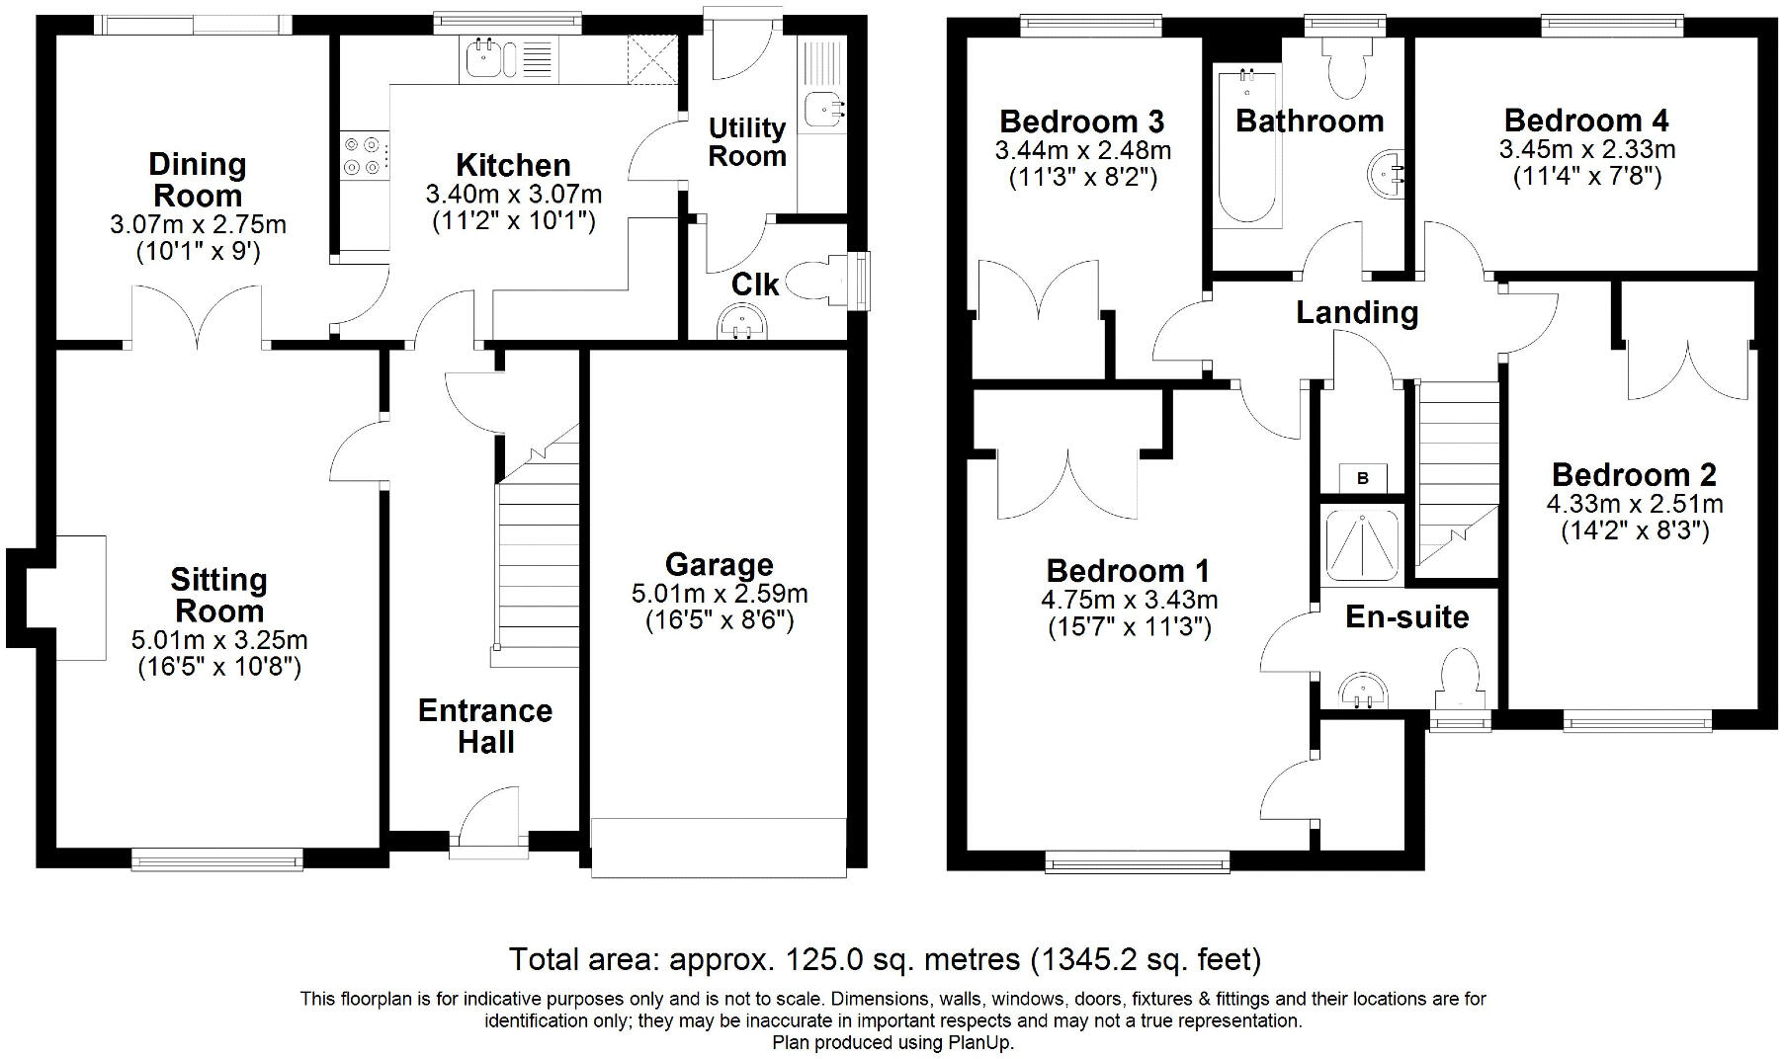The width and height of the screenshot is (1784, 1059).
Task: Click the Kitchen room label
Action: pos(513,165)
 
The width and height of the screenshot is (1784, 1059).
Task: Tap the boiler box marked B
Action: pos(1362,478)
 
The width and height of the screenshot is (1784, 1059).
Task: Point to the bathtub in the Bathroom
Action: pos(1246,146)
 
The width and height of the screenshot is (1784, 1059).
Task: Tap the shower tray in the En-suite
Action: pos(1362,543)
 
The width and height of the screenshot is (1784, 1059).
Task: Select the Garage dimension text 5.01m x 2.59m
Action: pos(720,594)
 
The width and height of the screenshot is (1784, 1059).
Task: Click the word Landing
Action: pos(1357,312)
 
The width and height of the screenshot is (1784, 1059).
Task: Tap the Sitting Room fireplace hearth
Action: pos(80,598)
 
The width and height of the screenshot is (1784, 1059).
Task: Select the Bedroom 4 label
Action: pos(1586,121)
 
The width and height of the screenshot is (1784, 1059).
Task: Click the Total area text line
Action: pos(885,959)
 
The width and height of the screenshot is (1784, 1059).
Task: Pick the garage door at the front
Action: pos(719,847)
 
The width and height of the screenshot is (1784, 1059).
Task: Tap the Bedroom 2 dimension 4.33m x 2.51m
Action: pos(1635,504)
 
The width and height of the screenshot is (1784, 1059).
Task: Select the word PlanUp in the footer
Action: pos(978,1042)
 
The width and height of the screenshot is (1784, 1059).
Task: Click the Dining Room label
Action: pos(198,180)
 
